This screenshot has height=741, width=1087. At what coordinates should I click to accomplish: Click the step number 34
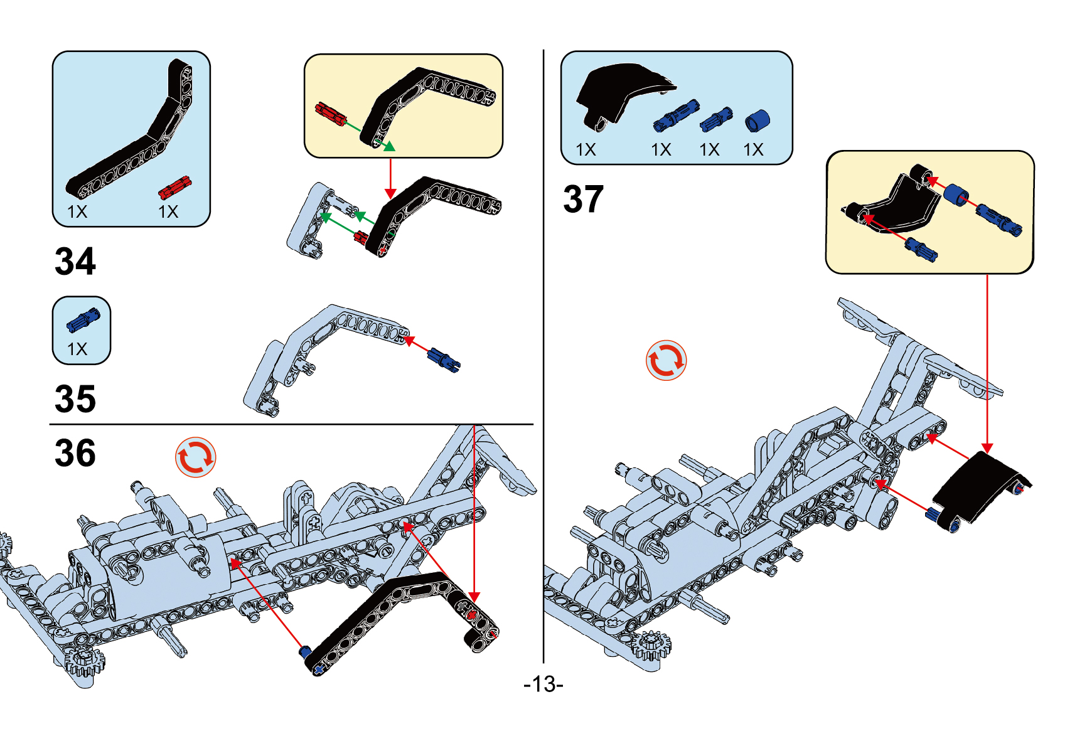(75, 262)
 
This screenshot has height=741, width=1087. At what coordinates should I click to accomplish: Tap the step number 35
(75, 399)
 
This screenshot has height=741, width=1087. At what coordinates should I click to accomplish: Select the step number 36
(75, 453)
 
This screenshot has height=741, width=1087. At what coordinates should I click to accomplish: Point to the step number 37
(583, 200)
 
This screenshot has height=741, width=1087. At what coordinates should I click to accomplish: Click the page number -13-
(543, 684)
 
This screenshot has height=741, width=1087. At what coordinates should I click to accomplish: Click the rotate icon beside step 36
(195, 457)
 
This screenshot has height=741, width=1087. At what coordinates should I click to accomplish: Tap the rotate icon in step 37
(666, 361)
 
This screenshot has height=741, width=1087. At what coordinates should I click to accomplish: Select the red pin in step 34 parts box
(174, 187)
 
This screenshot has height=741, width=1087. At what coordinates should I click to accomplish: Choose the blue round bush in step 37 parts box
(757, 120)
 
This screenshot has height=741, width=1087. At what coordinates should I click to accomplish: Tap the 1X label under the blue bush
(753, 150)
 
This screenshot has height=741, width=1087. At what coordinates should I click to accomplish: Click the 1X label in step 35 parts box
(77, 349)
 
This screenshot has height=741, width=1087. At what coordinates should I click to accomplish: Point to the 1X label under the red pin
(168, 212)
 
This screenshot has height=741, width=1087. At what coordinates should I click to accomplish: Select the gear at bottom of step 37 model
(651, 646)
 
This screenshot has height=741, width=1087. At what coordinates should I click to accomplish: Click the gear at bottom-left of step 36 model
(84, 662)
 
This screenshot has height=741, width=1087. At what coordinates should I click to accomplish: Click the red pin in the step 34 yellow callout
(330, 113)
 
